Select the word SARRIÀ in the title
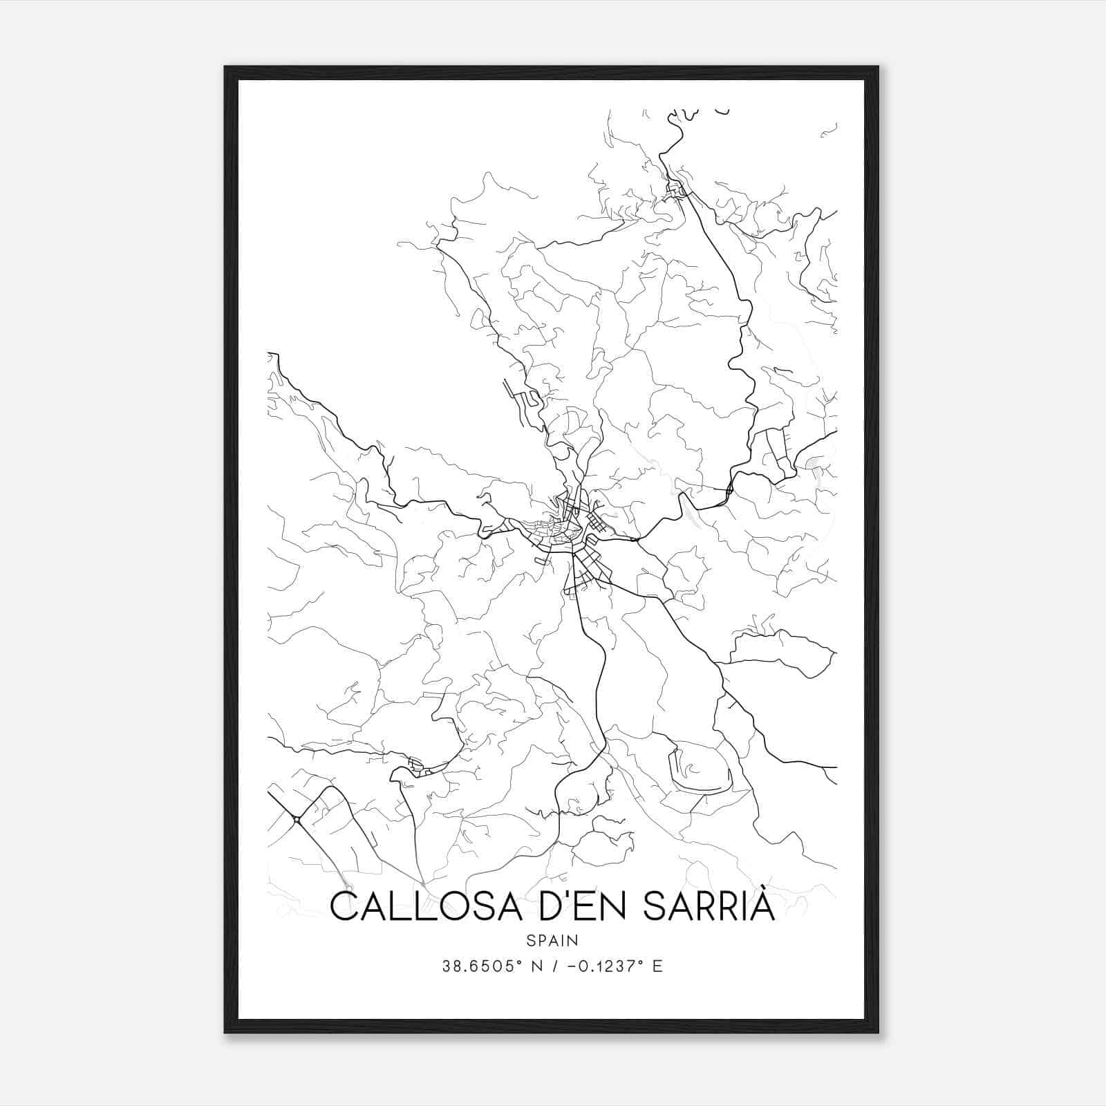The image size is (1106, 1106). point(710,906)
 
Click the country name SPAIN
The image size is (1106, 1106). point(552,940)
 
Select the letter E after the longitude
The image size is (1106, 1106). point(657,966)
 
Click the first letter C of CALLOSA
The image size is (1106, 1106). point(344,906)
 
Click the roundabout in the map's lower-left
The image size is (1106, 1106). point(296,820)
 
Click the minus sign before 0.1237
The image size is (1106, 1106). point(572,966)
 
